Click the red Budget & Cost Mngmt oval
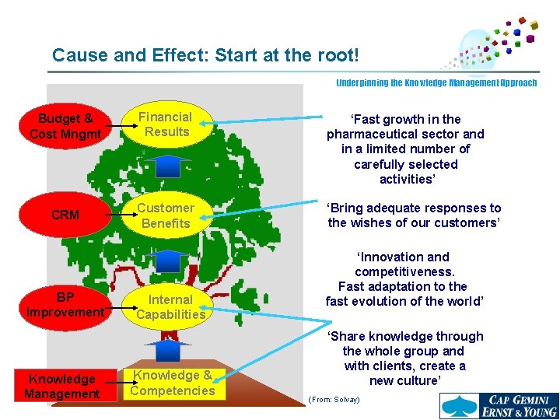(65, 126)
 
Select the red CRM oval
(65, 215)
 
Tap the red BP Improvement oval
(65, 305)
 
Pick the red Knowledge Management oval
(62, 387)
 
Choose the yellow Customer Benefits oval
(166, 215)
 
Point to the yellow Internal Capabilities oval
(170, 306)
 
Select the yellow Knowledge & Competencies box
(172, 383)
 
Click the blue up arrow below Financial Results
(168, 166)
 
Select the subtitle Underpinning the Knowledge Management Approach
(436, 82)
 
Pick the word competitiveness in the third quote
(404, 271)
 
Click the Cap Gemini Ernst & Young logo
(498, 404)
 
